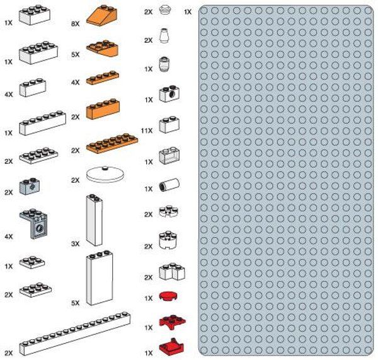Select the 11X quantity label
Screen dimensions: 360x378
click(x=147, y=131)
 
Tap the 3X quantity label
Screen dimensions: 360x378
click(x=76, y=243)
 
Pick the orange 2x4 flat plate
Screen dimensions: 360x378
click(x=112, y=144)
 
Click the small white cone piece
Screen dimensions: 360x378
click(x=165, y=36)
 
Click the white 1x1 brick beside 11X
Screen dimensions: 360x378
click(x=169, y=124)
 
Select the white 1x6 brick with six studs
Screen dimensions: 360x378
click(x=42, y=123)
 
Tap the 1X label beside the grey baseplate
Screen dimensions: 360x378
click(x=188, y=12)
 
